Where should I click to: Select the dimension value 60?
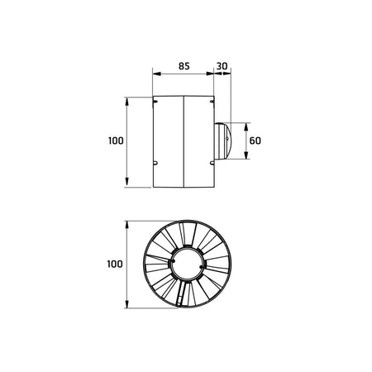(255, 141)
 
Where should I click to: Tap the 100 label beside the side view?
(115, 141)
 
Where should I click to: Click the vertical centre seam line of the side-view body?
(183, 141)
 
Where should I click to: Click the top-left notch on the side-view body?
(155, 102)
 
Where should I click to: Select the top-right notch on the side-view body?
(212, 103)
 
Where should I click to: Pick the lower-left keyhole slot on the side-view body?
(156, 162)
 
